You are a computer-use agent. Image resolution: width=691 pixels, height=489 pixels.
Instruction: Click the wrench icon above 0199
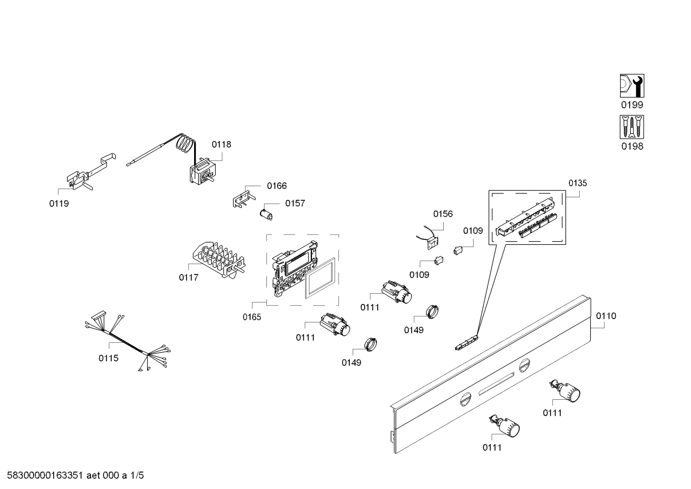632,86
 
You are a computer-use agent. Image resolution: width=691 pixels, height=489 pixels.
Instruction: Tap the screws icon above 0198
632,127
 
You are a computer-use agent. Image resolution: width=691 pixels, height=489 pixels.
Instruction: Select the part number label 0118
221,144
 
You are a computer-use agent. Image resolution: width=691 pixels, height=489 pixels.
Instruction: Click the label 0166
276,186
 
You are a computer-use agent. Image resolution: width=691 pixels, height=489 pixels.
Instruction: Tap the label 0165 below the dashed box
252,317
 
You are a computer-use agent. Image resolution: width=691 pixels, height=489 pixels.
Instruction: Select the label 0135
577,183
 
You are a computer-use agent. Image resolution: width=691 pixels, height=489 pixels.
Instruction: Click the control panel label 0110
606,316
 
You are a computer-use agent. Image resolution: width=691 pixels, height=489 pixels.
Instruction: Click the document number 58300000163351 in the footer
43,476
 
